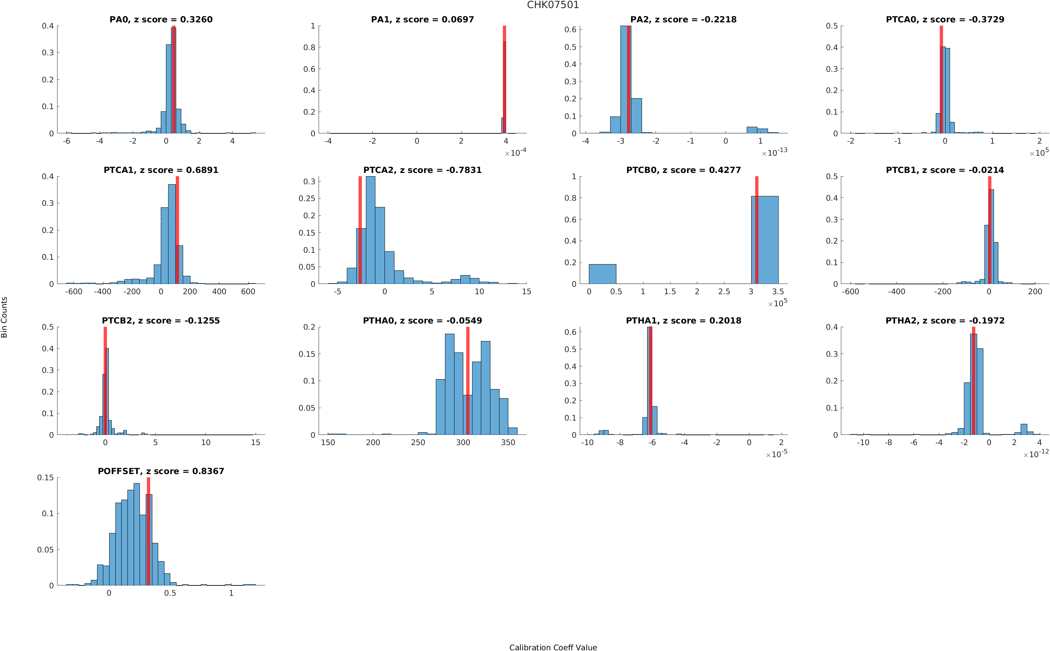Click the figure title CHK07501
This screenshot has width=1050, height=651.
[553, 5]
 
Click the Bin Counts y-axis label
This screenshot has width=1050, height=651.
[4, 317]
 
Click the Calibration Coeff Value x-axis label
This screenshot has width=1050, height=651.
[553, 647]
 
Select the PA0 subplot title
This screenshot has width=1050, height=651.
[160, 19]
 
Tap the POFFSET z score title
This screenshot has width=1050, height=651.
[160, 471]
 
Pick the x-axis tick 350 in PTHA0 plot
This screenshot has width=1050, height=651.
[508, 442]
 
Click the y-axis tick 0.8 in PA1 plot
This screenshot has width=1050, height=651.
[309, 47]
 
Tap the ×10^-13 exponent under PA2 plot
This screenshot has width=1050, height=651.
[774, 152]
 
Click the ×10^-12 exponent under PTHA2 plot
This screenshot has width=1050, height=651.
[1036, 454]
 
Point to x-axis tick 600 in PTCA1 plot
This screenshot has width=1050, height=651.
[248, 292]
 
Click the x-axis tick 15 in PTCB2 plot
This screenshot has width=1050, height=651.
[255, 442]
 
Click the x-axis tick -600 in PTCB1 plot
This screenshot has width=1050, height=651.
[850, 292]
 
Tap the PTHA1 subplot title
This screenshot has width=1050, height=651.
[683, 321]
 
